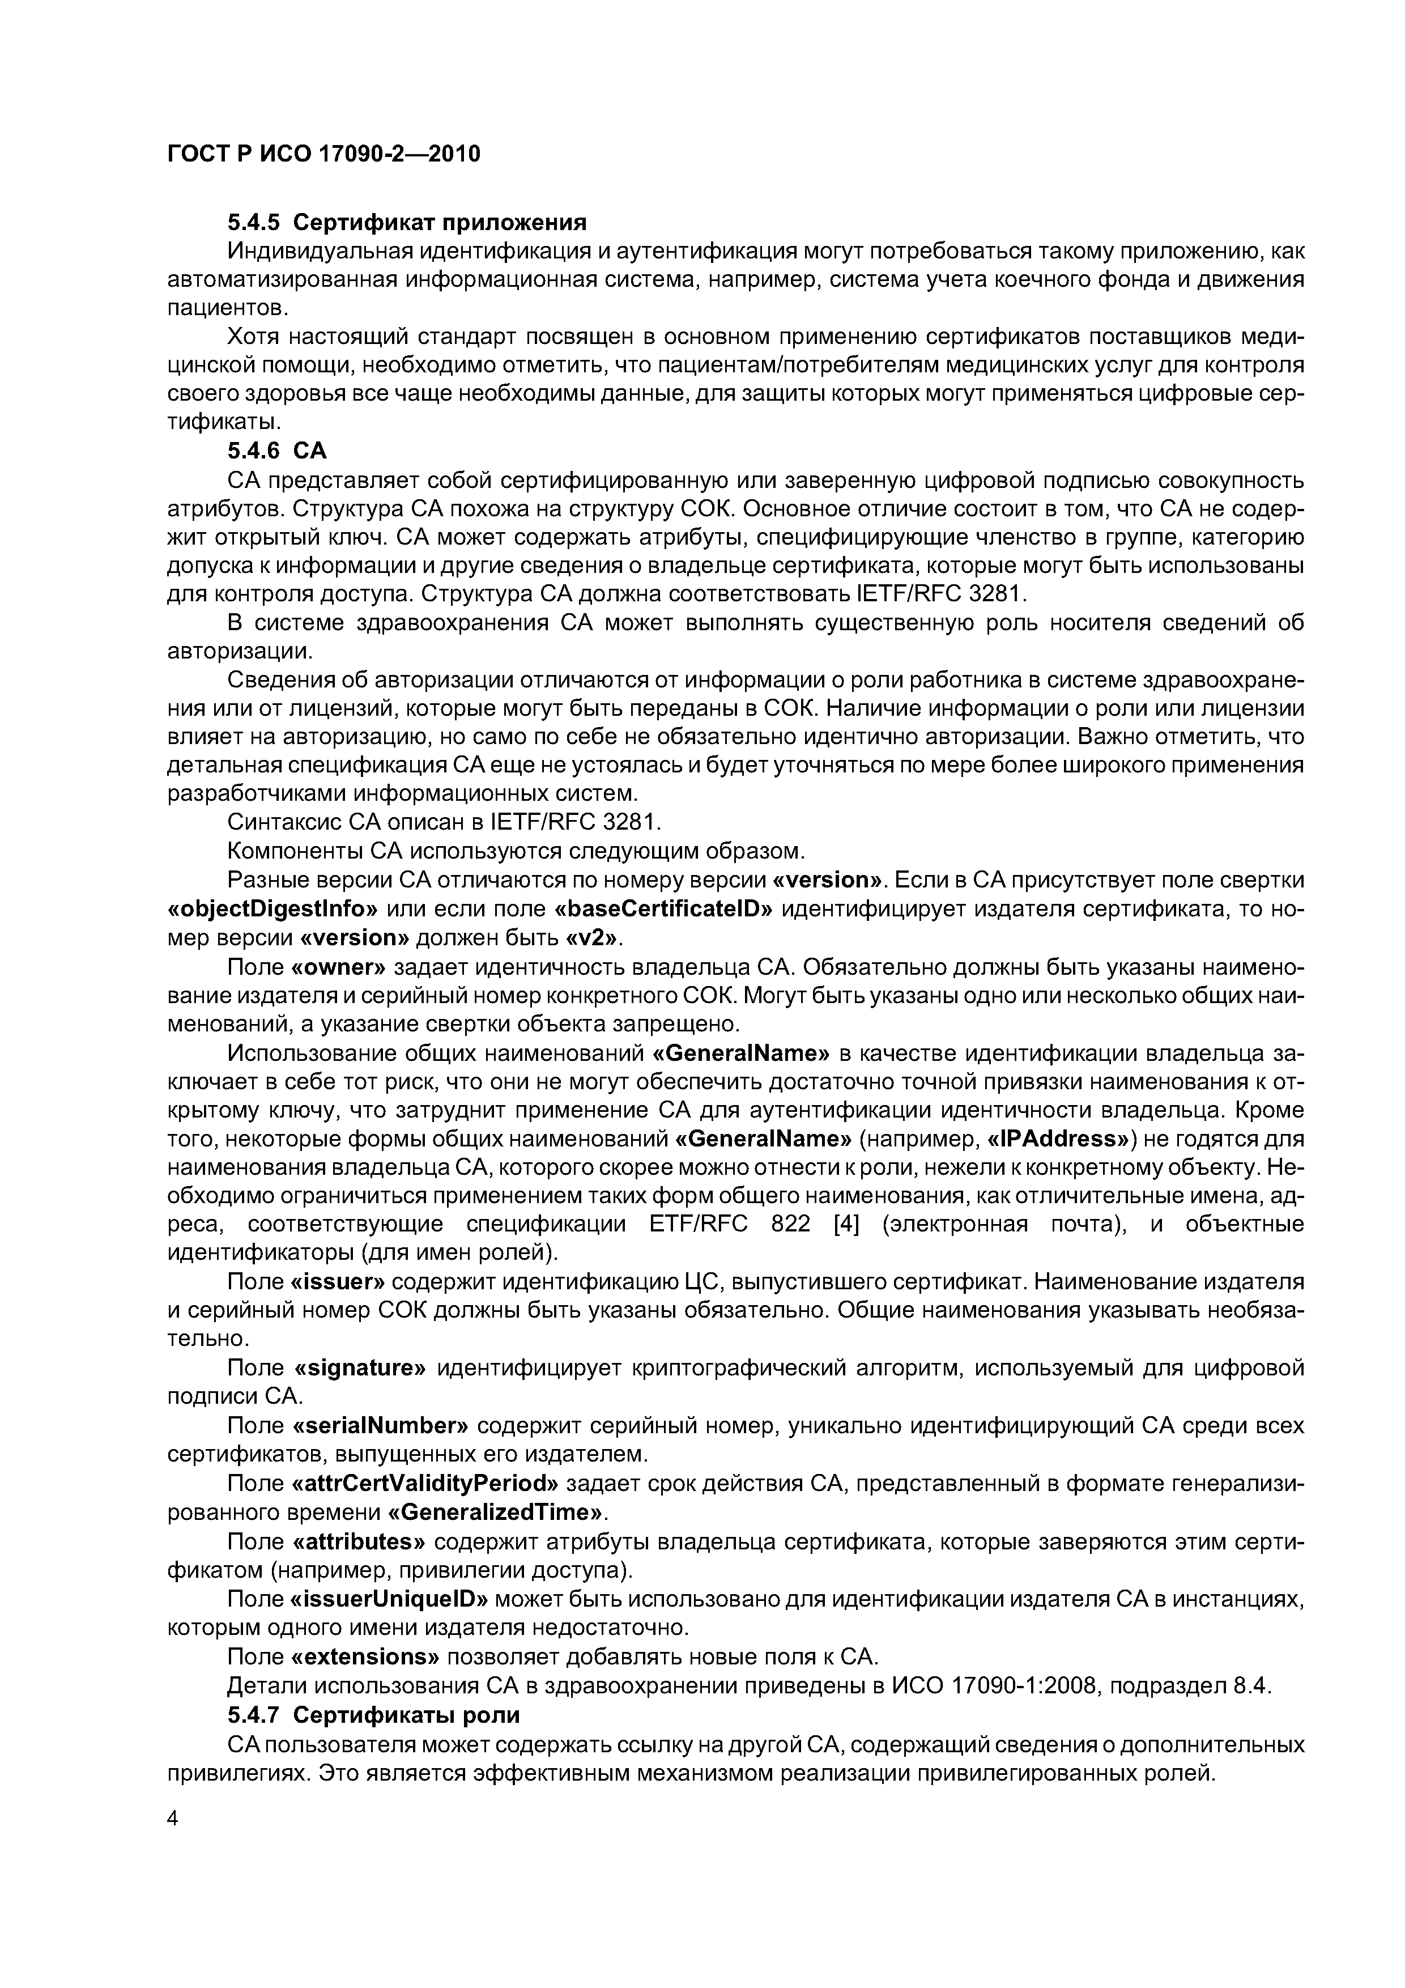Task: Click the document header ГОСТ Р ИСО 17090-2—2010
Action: coord(322,154)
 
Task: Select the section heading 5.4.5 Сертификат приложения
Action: coord(407,223)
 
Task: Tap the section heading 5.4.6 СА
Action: coord(277,451)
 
